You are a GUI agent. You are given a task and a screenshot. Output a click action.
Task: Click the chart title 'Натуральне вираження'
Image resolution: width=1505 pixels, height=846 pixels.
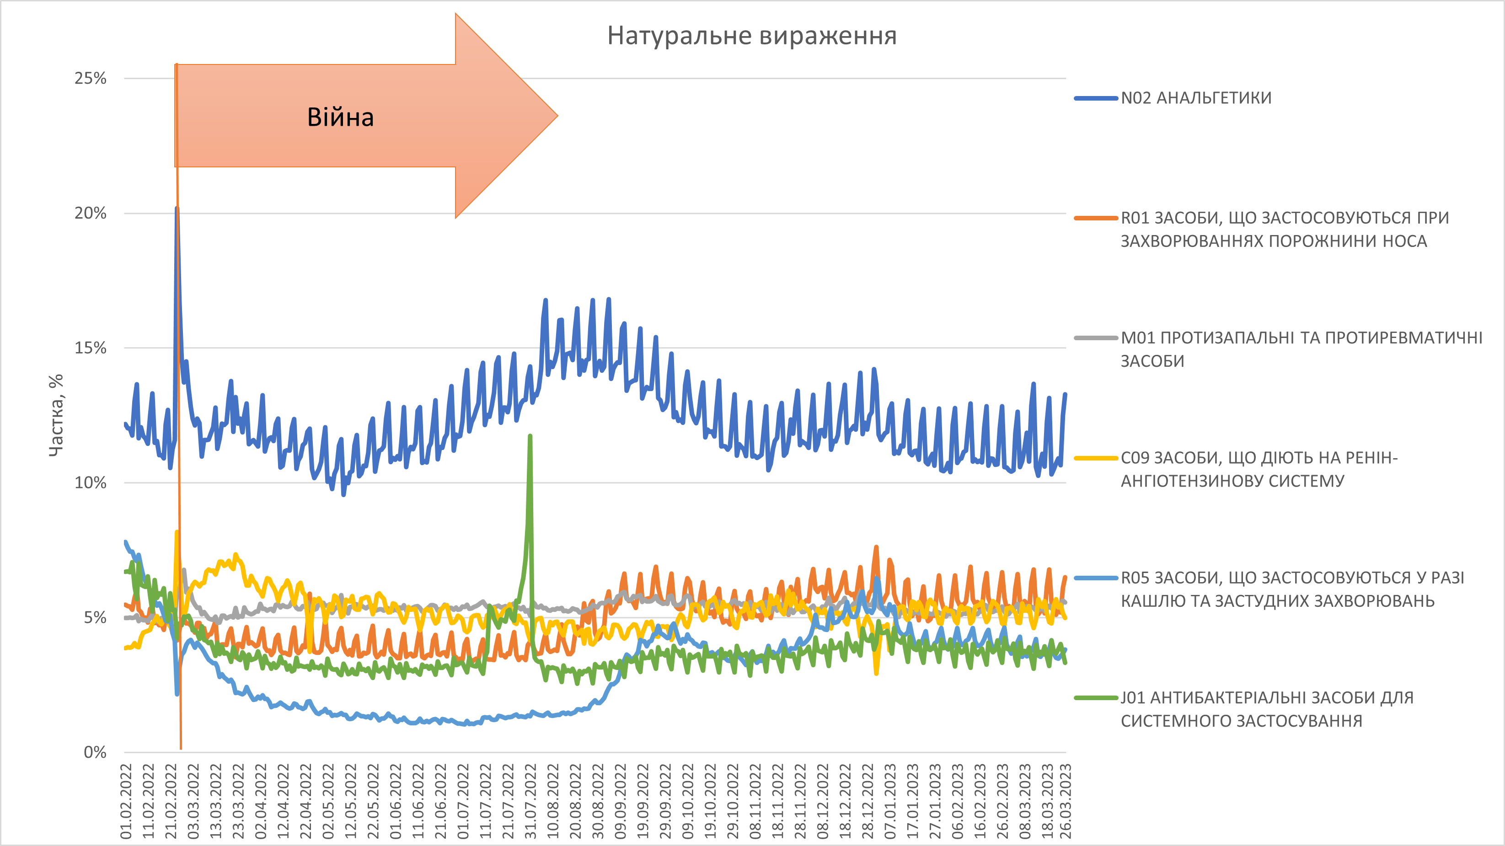(x=752, y=36)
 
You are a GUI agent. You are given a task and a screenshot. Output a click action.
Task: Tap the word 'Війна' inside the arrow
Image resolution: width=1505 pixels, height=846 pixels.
(x=341, y=118)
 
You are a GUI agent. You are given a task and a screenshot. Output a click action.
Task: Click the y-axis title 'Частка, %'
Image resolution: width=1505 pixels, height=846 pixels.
(x=56, y=415)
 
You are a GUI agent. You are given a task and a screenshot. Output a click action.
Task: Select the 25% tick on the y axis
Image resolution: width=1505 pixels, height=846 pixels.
(x=91, y=78)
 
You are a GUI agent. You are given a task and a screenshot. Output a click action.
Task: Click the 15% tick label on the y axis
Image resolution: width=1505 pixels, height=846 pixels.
(x=91, y=348)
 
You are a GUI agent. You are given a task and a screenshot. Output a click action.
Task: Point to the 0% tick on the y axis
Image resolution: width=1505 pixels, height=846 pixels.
(x=95, y=752)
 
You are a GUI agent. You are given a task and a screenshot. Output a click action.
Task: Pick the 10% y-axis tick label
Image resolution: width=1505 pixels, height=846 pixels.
(x=91, y=482)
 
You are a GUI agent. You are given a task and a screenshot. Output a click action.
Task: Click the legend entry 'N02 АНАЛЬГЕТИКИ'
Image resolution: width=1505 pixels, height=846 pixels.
(x=1195, y=98)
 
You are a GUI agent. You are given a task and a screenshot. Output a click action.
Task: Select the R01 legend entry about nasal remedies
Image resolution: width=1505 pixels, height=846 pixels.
(x=1284, y=229)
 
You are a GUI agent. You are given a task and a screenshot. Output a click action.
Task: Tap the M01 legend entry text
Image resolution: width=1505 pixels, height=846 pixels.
(x=1301, y=349)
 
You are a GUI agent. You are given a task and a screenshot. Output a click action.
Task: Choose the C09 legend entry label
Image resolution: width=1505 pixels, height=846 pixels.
(x=1259, y=469)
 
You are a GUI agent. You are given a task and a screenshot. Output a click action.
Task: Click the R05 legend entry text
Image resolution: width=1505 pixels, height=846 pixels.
(x=1292, y=589)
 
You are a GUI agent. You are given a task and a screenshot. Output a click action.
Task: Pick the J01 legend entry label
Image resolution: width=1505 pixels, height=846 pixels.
(x=1267, y=709)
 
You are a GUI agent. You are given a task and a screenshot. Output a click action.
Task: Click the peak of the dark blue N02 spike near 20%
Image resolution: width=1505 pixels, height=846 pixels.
(x=177, y=209)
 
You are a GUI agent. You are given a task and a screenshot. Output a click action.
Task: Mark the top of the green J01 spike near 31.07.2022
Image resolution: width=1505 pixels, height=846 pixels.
(x=530, y=436)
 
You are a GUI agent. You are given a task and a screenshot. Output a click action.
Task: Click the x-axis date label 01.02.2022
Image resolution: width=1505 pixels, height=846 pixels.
(x=126, y=800)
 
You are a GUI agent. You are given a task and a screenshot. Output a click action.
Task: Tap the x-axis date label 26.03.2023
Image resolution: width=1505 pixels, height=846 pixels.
(x=1066, y=800)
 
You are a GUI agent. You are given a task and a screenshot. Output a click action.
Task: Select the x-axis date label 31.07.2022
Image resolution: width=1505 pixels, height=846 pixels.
(x=530, y=800)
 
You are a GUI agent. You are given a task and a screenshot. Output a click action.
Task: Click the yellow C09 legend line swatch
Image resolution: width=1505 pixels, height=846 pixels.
(x=1095, y=458)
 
